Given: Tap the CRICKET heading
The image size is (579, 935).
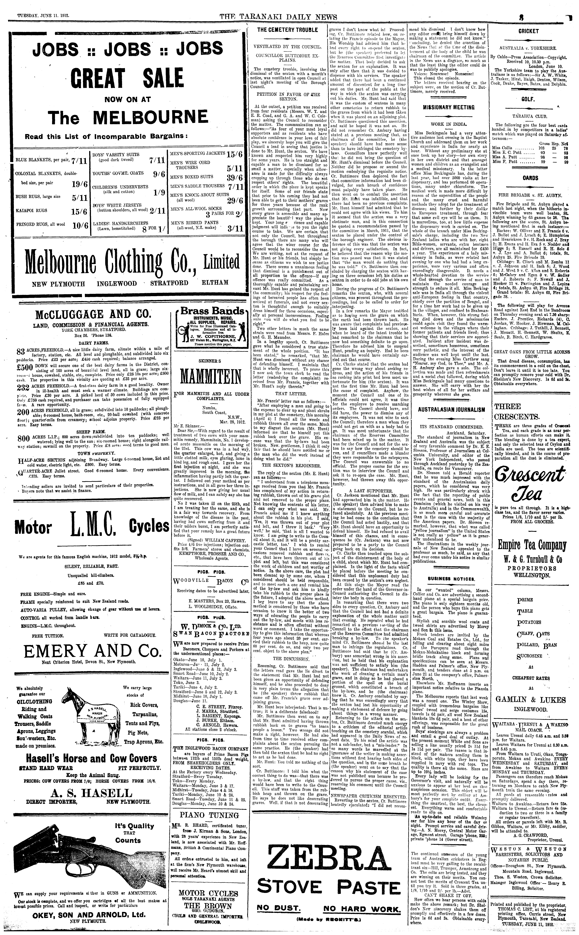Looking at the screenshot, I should click(x=528, y=31).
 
